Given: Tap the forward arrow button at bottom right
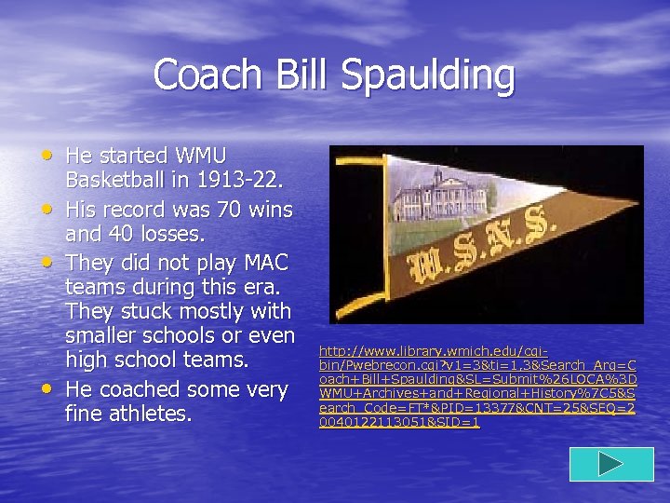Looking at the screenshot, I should [610, 464].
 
